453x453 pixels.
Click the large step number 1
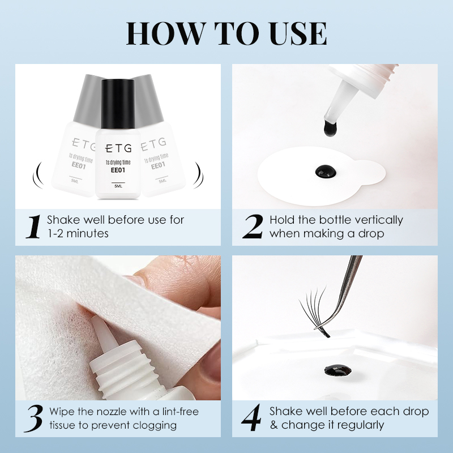coord(34,227)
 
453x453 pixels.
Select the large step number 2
coord(253,227)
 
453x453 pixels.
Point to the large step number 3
coord(34,418)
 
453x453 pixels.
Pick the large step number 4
coord(252,418)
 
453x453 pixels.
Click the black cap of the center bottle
coord(118,104)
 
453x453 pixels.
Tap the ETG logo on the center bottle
coord(118,148)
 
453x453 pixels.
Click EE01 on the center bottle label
coord(118,170)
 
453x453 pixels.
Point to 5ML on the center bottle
coord(118,186)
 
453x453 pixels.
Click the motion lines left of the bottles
coord(38,175)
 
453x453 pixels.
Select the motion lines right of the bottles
coord(198,175)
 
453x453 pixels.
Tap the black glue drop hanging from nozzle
coord(330,129)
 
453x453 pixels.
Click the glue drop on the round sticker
coord(326,172)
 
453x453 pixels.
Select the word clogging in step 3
coord(155,426)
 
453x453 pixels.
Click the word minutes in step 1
coord(88,233)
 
